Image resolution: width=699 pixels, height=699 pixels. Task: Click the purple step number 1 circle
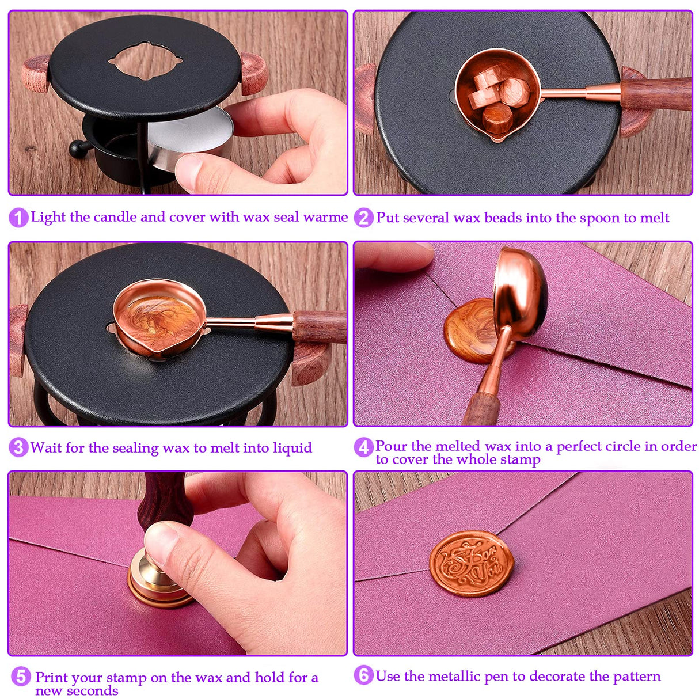click(x=18, y=218)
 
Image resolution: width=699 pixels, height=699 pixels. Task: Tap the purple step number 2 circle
click(x=363, y=218)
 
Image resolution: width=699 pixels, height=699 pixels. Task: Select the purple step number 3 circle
click(x=18, y=447)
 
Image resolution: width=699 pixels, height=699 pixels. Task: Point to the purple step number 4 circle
click(x=363, y=447)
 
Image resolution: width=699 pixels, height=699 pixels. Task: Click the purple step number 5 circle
click(x=21, y=677)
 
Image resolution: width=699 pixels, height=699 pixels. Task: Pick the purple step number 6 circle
click(x=363, y=675)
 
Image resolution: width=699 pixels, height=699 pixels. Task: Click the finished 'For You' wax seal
click(x=472, y=563)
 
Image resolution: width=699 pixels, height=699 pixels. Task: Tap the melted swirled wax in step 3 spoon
click(x=158, y=321)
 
